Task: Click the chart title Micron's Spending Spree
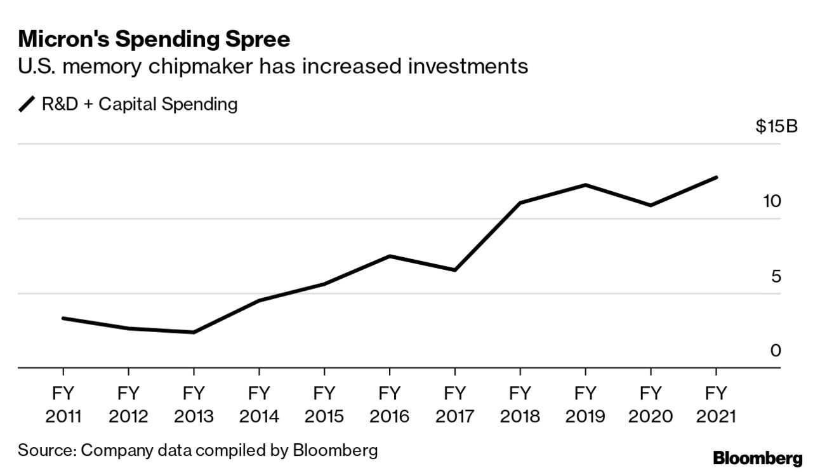pos(154,39)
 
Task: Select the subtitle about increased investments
pos(273,66)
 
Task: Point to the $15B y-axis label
pos(776,126)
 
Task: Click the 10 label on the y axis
pos(771,201)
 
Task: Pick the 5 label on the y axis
pos(775,276)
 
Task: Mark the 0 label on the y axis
pos(775,351)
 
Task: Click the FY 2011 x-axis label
pos(63,405)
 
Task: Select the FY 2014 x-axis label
pos(259,405)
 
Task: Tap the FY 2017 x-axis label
pos(454,405)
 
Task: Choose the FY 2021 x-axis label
pos(716,405)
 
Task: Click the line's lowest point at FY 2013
pos(194,332)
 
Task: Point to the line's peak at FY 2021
pos(716,177)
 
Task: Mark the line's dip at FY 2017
pos(454,271)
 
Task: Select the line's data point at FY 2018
pos(520,203)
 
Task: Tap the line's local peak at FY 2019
pos(585,185)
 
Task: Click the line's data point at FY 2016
pos(389,256)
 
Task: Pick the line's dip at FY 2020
pos(651,205)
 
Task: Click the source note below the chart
pos(197,451)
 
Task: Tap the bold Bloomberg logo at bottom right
pos(758,458)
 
